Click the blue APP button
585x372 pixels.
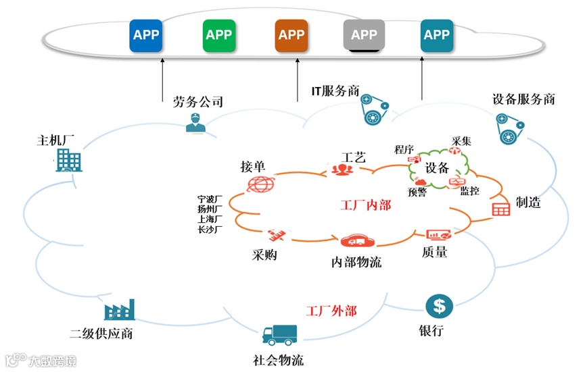[x=147, y=35]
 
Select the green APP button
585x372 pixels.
[x=218, y=35]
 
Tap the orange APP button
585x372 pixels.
[x=291, y=35]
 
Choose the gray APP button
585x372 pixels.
[x=364, y=35]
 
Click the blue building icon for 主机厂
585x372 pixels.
[x=68, y=160]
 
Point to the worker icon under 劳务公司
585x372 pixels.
[x=195, y=122]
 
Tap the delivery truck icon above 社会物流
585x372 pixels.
[x=279, y=335]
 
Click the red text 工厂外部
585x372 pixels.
[x=331, y=311]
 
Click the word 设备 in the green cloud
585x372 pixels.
[x=437, y=167]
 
